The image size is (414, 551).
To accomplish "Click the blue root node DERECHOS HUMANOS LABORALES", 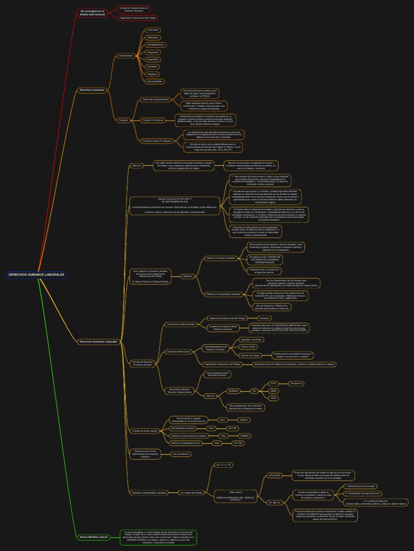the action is [x=37, y=274].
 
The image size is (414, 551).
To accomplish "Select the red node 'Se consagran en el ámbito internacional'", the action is [x=93, y=12].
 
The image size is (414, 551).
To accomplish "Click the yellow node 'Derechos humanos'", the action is [x=92, y=90].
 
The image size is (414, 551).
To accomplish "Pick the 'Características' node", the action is [x=126, y=55].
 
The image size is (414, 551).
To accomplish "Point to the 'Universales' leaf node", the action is [x=153, y=30].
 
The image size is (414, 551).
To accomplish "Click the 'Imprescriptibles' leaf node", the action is [x=154, y=81].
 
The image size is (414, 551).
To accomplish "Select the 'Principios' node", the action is [x=123, y=120].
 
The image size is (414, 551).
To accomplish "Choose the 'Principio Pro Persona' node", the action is [x=152, y=120].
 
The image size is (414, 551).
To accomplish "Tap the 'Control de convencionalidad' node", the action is [x=155, y=100].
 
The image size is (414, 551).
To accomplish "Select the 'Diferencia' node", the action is [x=188, y=276].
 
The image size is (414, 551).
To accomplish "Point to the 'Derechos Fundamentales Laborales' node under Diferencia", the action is [x=224, y=294].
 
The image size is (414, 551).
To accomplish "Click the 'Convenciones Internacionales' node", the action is [x=181, y=324].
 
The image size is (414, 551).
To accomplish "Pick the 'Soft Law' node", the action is [x=210, y=395].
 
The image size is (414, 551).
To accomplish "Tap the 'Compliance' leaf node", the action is [x=296, y=383].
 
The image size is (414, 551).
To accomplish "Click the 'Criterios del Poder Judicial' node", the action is [x=144, y=431].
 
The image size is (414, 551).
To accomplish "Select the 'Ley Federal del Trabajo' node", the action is [x=191, y=492].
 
